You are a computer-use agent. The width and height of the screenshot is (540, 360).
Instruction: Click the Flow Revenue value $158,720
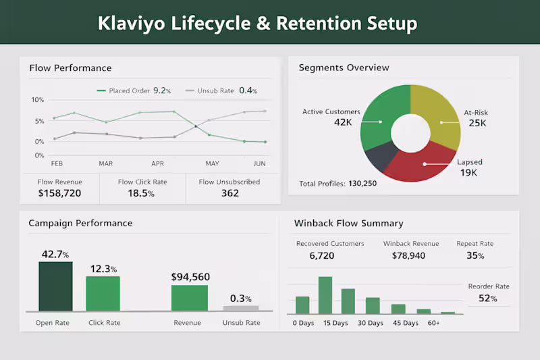click(x=59, y=193)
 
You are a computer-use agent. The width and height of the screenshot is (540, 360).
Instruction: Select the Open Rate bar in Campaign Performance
click(x=55, y=286)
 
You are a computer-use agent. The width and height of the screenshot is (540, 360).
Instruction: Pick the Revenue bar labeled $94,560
click(x=190, y=298)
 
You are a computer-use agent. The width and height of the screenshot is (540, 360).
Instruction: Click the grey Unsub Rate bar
click(x=241, y=308)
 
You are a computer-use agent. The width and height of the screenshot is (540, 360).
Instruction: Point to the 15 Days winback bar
click(x=325, y=295)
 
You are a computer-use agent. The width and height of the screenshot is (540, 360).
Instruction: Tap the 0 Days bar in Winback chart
click(x=302, y=305)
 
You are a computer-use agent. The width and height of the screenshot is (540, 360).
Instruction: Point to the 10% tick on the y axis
click(x=38, y=100)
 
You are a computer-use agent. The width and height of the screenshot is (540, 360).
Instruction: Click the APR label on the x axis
click(x=157, y=163)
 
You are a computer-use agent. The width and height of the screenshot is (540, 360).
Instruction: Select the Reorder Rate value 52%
click(x=487, y=299)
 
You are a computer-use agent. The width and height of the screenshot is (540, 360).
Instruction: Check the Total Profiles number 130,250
click(x=362, y=183)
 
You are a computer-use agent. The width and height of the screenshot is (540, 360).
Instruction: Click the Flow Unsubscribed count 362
click(x=230, y=193)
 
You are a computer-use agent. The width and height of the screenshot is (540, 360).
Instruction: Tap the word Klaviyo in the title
click(x=130, y=24)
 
